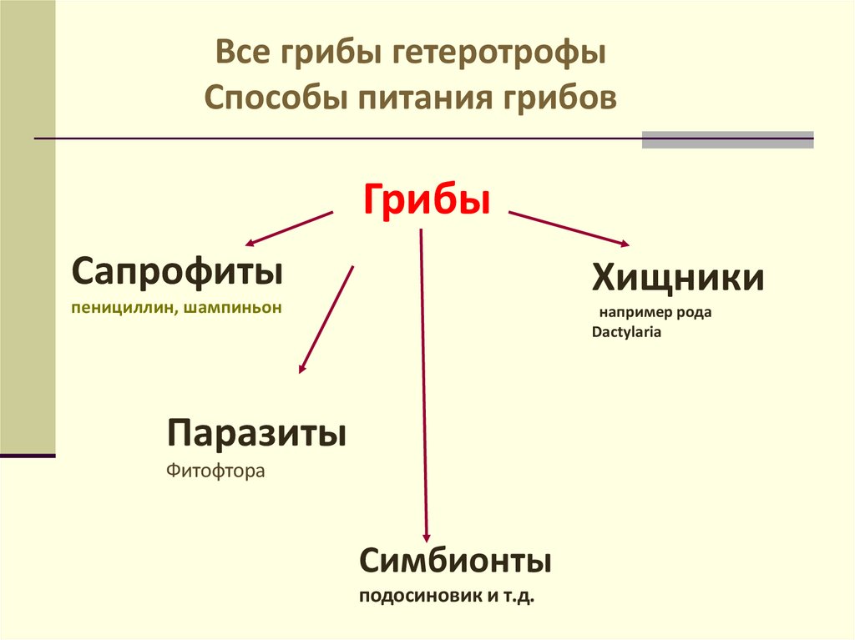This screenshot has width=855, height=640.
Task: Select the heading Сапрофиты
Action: pyautogui.click(x=176, y=271)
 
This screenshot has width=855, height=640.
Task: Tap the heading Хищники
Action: pyautogui.click(x=678, y=277)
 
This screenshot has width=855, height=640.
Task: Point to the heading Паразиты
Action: pyautogui.click(x=257, y=434)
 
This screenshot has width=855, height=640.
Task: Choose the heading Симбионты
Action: pyautogui.click(x=456, y=560)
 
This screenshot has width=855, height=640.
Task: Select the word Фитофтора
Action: pyautogui.click(x=215, y=471)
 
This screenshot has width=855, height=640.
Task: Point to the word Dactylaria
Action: pyautogui.click(x=626, y=332)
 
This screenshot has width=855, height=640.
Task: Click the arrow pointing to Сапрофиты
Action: pyautogui.click(x=289, y=228)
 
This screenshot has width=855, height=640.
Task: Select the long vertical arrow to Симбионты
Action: pyautogui.click(x=423, y=384)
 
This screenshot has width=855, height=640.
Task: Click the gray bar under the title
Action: pyautogui.click(x=727, y=139)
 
